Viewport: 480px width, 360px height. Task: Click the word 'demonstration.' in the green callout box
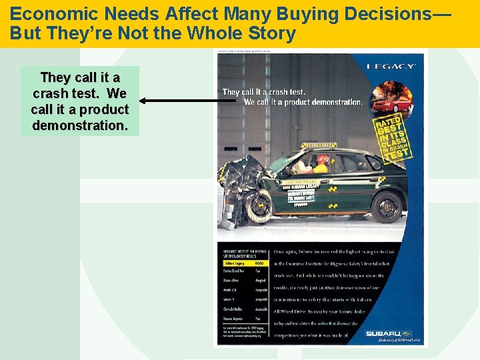pyautogui.click(x=80, y=125)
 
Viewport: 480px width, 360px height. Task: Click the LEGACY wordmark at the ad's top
pyautogui.click(x=391, y=66)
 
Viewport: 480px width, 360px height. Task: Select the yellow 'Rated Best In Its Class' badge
pyautogui.click(x=393, y=139)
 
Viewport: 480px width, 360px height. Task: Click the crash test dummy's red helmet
pyautogui.click(x=323, y=159)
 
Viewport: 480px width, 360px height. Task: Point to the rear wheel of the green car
pyautogui.click(x=386, y=205)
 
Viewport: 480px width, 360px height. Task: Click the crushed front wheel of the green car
pyautogui.click(x=259, y=205)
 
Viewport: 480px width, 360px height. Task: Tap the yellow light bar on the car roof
pyautogui.click(x=319, y=145)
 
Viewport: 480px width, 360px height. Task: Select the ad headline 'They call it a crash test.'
pyautogui.click(x=264, y=92)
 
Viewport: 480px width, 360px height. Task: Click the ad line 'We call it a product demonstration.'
pyautogui.click(x=303, y=102)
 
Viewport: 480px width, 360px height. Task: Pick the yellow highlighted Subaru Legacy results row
pyautogui.click(x=244, y=263)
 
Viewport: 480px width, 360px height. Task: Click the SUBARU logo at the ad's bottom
pyautogui.click(x=387, y=333)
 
